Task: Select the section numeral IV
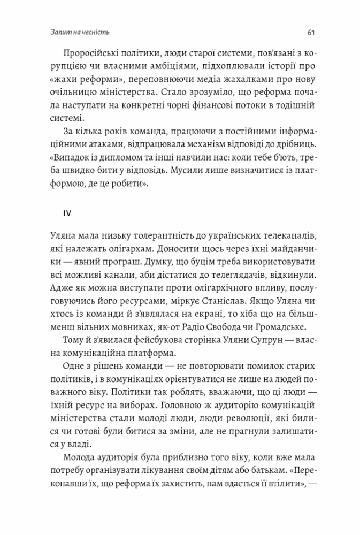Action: [67, 212]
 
